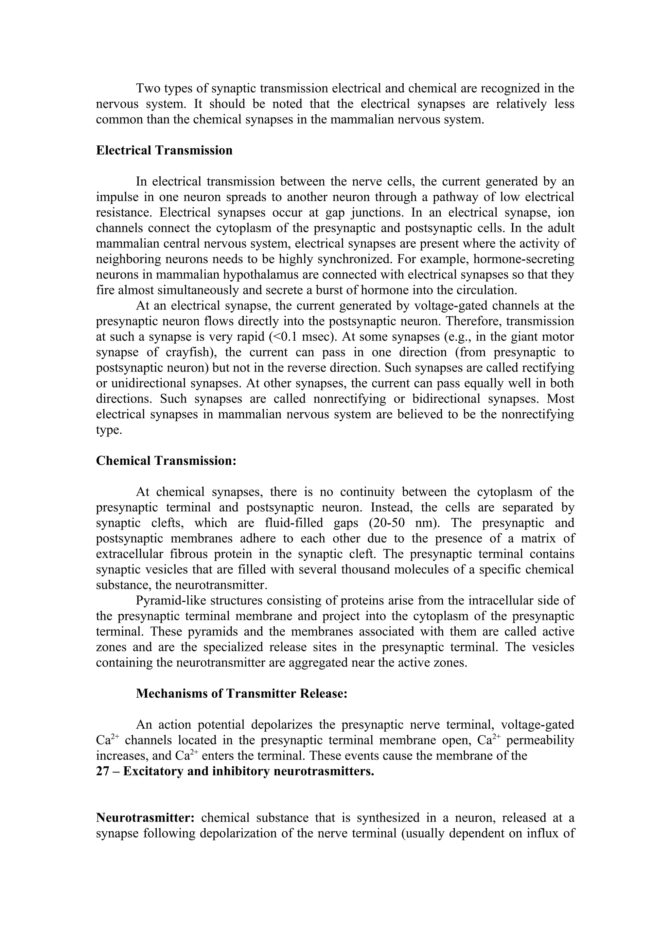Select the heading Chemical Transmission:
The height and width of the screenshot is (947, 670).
pyautogui.click(x=166, y=460)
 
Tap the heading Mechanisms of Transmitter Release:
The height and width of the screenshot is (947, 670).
pyautogui.click(x=241, y=693)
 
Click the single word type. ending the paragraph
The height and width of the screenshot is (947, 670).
pyautogui.click(x=109, y=430)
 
